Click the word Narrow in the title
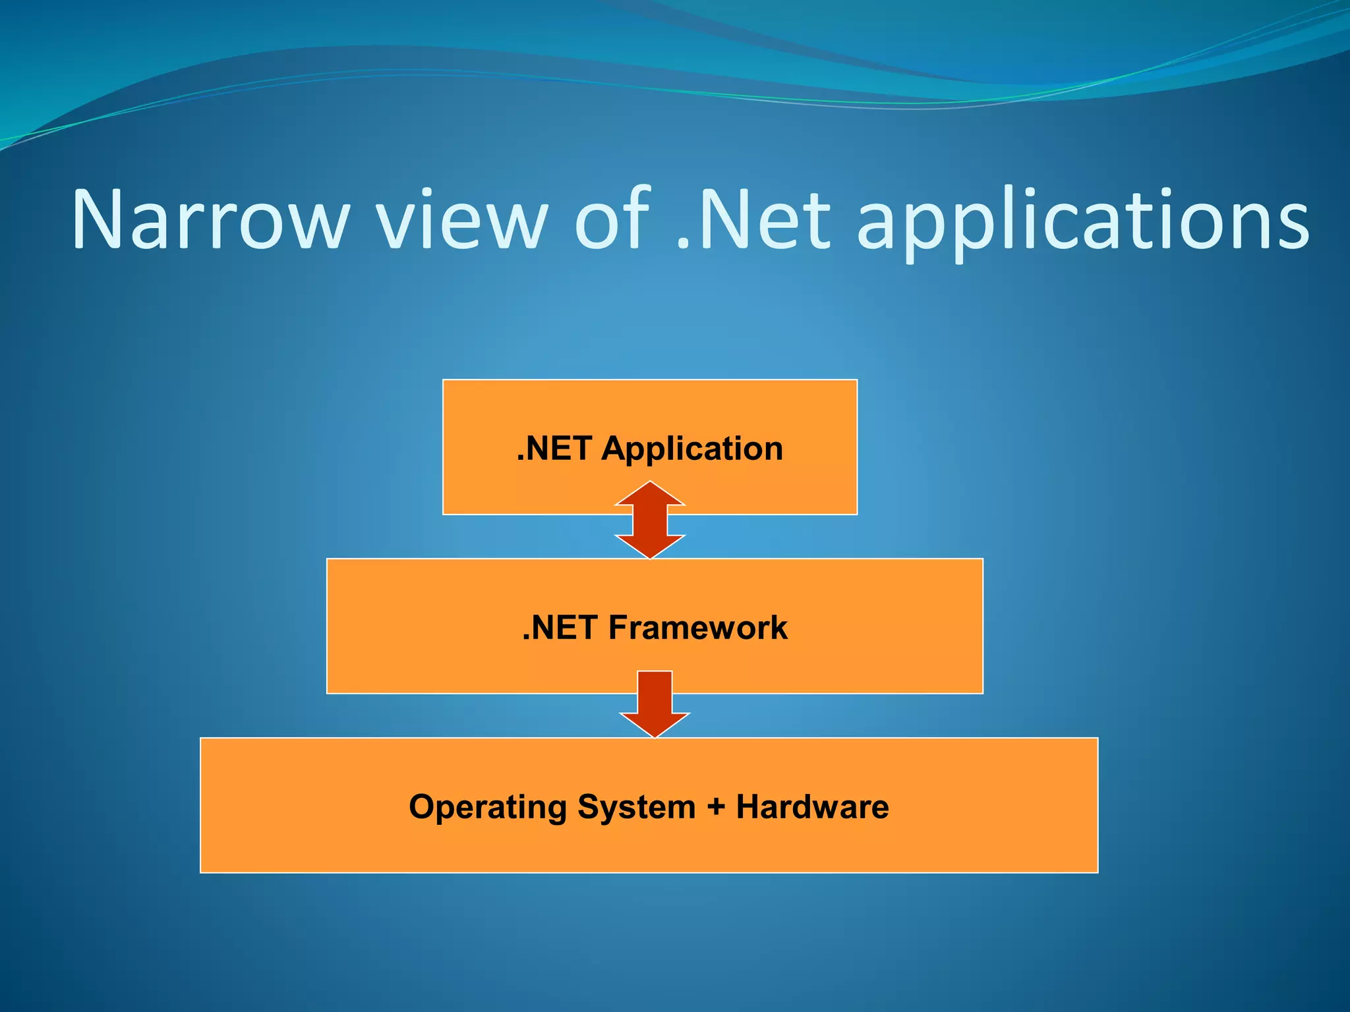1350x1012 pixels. [x=210, y=219]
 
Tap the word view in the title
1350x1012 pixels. [x=461, y=219]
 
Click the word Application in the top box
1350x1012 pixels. [x=692, y=449]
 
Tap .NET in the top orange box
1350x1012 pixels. [x=554, y=449]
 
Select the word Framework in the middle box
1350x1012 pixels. [x=697, y=627]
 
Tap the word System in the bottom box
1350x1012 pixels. [x=636, y=807]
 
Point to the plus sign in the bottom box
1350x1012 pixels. [x=716, y=807]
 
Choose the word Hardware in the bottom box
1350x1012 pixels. [x=812, y=806]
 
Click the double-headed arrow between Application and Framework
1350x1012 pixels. [x=650, y=520]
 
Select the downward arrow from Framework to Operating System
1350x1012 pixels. [x=655, y=702]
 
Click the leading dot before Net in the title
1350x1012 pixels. [x=682, y=245]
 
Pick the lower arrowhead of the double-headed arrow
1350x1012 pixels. [x=650, y=546]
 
